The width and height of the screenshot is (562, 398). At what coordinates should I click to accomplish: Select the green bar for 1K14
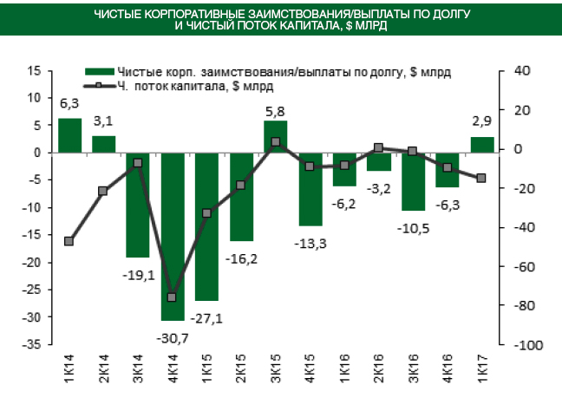coord(69,135)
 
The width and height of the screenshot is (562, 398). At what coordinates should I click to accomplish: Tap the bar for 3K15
coord(276,137)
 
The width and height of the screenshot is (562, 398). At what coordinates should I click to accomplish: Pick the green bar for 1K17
coord(482,145)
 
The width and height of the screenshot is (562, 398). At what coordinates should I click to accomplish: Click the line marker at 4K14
coord(173,297)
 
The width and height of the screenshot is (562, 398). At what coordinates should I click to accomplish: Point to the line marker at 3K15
coord(276,141)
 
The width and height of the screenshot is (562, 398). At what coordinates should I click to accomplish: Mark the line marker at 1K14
coord(69,241)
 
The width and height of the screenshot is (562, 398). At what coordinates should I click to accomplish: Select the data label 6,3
coord(69,104)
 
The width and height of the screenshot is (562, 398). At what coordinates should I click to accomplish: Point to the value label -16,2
coord(242,258)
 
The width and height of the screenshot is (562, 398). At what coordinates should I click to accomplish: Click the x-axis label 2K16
coord(379,365)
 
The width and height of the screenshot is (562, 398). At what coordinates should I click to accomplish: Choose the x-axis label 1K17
coord(482,365)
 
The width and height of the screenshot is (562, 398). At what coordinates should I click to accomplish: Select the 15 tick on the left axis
coord(36,71)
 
